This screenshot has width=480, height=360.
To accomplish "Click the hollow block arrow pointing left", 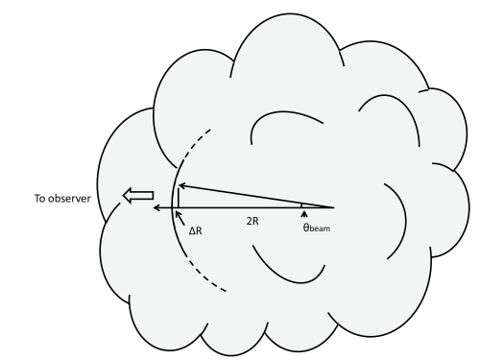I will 138,197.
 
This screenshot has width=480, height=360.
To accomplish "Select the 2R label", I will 252,221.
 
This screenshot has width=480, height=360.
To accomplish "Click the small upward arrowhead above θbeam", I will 304,214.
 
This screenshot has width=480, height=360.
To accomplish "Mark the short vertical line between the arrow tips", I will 179,197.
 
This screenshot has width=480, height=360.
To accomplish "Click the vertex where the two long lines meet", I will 333,206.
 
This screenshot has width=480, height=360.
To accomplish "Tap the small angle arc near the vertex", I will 301,204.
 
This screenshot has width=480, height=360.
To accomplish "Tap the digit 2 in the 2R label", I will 248,221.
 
